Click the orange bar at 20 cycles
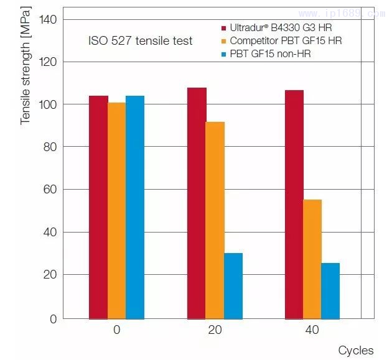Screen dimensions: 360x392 click(x=215, y=220)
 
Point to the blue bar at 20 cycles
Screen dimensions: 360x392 click(x=233, y=285)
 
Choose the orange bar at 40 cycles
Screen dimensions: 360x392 click(x=312, y=259)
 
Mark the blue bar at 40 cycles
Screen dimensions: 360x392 click(x=330, y=290)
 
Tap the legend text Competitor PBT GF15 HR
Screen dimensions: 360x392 click(x=286, y=41)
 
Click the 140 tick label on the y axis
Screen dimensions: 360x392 click(x=47, y=19)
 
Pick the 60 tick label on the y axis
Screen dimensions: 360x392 click(x=50, y=189)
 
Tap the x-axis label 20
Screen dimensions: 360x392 click(x=215, y=330)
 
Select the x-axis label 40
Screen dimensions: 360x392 click(x=312, y=330)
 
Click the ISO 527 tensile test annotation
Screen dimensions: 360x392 click(x=140, y=41)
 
